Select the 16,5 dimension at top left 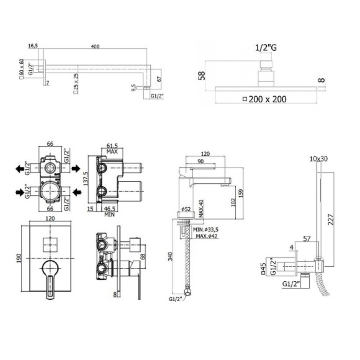[x=34, y=45]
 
